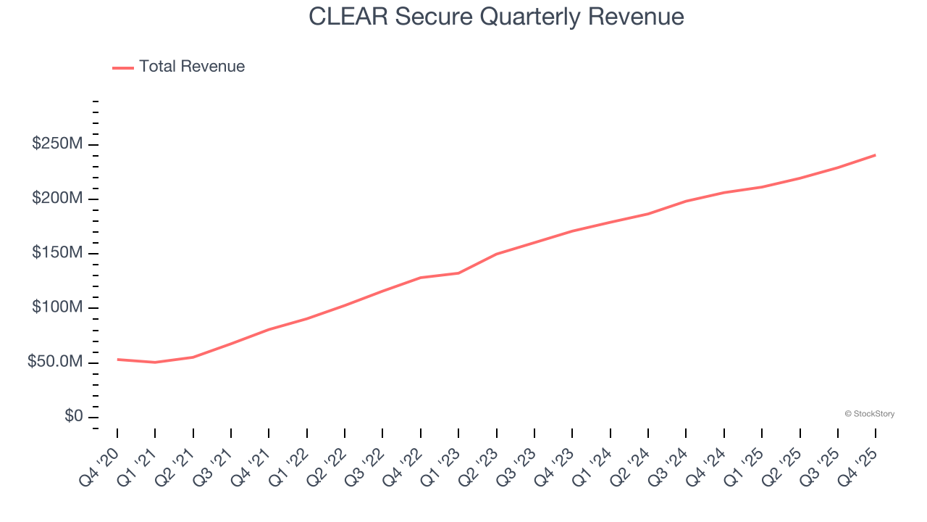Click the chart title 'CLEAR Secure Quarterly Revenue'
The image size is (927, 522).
(496, 16)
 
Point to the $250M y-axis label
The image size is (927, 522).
(57, 144)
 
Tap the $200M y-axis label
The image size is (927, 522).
(57, 199)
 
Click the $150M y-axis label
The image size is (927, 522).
(57, 253)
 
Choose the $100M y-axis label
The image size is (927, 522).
(57, 307)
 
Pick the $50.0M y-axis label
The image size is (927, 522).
(55, 362)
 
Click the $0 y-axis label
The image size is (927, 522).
(73, 416)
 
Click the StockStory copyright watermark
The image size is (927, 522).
(869, 414)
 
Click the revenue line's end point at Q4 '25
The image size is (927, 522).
(876, 155)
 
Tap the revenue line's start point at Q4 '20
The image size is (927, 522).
(117, 359)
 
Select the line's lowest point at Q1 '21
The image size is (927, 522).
(155, 362)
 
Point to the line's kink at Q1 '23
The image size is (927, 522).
(458, 273)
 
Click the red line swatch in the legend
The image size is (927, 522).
(123, 67)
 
